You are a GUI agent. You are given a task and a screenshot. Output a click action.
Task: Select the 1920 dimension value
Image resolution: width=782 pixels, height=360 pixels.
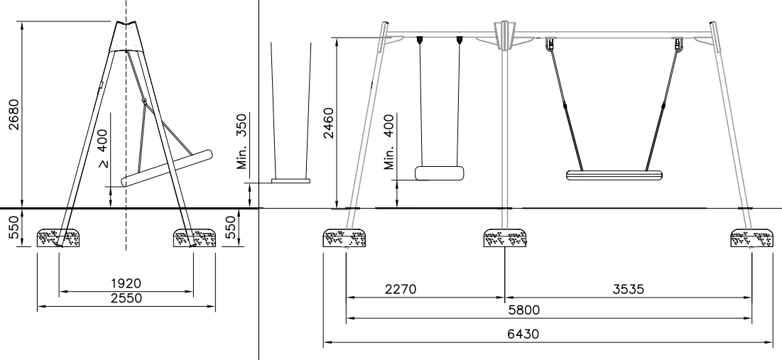coord(126,284)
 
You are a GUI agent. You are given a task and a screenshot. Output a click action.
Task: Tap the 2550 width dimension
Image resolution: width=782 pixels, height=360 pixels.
coord(126,298)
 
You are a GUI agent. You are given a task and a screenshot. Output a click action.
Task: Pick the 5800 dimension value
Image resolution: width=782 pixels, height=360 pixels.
coord(548,310)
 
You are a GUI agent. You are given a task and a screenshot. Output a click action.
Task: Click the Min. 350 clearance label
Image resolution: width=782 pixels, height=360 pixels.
coord(243,151)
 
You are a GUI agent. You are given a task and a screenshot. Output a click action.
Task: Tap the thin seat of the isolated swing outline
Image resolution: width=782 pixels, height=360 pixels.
coord(290,181)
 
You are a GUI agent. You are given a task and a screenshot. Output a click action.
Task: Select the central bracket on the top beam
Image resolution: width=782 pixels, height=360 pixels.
coord(504,36)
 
